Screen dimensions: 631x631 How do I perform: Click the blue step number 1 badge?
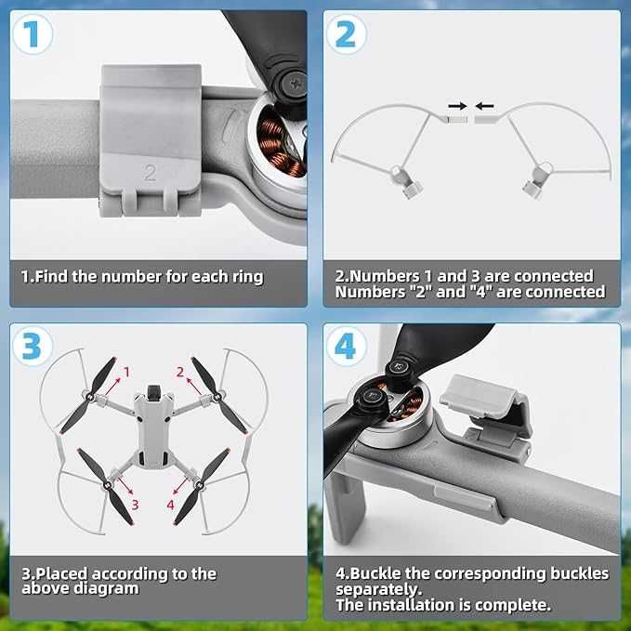point(33,34)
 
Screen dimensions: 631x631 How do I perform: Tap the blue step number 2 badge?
point(346,34)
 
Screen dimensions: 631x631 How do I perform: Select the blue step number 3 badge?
point(33,346)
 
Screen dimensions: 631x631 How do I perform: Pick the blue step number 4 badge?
point(346,346)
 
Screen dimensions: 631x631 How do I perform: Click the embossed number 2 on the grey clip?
point(150,172)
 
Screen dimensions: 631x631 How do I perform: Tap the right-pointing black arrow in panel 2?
point(457,106)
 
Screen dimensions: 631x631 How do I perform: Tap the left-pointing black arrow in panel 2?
point(484,106)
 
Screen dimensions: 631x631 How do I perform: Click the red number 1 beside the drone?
point(126,372)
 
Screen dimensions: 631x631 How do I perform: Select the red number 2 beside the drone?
point(180,372)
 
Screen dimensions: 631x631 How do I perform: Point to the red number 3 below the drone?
point(136,505)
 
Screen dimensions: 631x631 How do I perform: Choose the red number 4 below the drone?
point(171,505)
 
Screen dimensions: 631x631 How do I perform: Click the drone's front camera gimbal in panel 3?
point(153,393)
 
